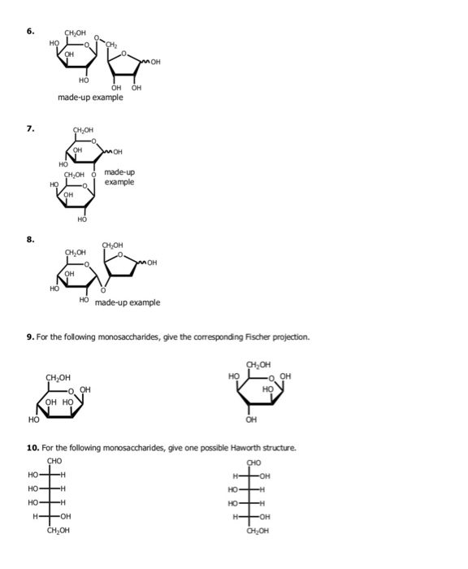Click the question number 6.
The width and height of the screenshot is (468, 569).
point(30,32)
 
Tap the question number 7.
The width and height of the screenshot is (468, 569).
point(30,128)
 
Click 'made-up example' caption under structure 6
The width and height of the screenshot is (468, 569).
point(90,98)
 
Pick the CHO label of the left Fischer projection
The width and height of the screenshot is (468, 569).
point(55,462)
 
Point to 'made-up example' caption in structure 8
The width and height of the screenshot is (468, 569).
point(128,302)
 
